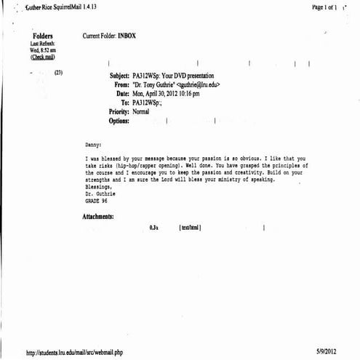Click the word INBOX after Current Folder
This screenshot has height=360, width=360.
pyautogui.click(x=126, y=36)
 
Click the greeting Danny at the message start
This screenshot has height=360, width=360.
pyautogui.click(x=95, y=145)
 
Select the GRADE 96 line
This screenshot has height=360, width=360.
pyautogui.click(x=97, y=200)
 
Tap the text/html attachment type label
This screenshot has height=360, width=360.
pyautogui.click(x=190, y=228)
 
